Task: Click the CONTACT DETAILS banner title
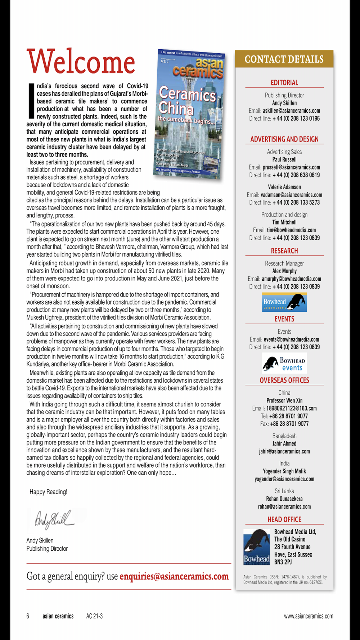(x=284, y=59)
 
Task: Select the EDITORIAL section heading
(x=284, y=83)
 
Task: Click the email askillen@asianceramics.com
(x=291, y=111)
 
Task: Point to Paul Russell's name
(x=284, y=159)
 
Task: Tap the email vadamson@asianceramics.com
(x=291, y=195)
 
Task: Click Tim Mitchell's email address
(x=291, y=230)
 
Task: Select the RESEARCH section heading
(x=284, y=251)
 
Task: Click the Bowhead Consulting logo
(x=284, y=302)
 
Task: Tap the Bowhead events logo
(x=284, y=363)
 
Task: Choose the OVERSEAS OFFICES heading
(x=284, y=380)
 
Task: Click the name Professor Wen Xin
(x=284, y=401)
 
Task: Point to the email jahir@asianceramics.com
(x=284, y=451)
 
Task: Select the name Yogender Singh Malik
(x=284, y=471)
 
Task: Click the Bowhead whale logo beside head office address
(x=257, y=547)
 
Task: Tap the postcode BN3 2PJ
(x=283, y=562)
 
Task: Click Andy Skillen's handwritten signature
(x=54, y=519)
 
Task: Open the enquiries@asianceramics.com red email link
(x=174, y=576)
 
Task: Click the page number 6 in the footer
(x=28, y=616)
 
